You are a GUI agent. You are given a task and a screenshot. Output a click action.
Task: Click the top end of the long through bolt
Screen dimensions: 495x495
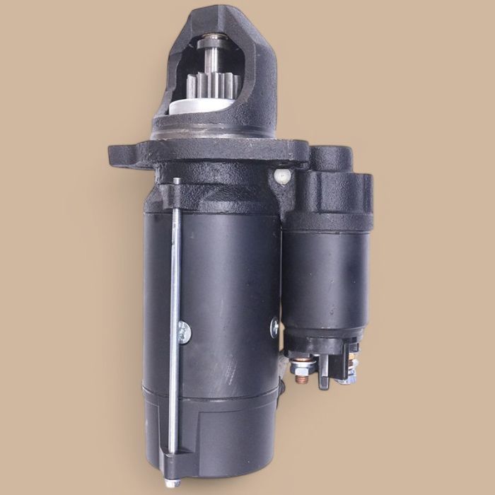[176, 183]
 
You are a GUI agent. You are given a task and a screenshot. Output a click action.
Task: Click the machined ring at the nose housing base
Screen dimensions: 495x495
[212, 132]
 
